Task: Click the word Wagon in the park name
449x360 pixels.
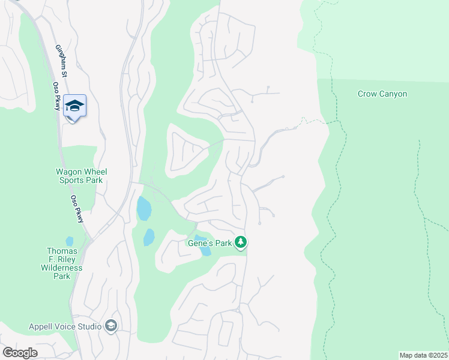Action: (70, 171)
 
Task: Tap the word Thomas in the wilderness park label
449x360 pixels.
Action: (62, 251)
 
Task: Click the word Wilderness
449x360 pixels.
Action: (62, 268)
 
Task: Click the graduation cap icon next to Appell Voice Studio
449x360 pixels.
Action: (110, 326)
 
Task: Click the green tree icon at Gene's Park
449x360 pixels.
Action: (241, 242)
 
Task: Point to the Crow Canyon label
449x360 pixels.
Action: (382, 94)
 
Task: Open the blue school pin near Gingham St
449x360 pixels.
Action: (74, 107)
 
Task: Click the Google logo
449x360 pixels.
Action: (20, 353)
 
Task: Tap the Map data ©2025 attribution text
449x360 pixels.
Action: (423, 355)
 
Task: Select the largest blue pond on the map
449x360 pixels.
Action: (144, 209)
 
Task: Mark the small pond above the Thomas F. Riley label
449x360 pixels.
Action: (70, 241)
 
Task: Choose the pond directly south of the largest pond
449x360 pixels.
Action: (149, 238)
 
